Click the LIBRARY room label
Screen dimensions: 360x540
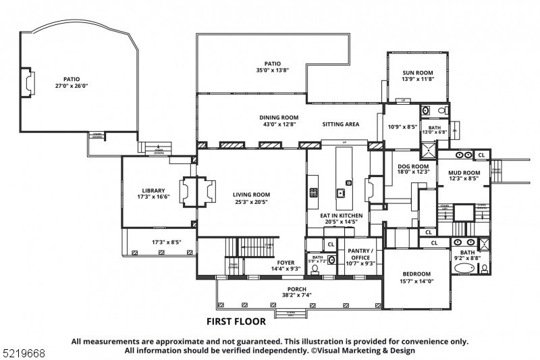154,190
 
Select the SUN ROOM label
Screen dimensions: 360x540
418,73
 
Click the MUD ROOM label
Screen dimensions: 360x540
464,172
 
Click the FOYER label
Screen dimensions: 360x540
286,263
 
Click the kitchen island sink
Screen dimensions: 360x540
342,194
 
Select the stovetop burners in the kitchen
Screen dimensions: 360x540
314,192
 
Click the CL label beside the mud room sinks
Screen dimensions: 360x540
481,155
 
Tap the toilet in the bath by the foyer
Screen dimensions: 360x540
315,269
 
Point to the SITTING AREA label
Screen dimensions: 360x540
340,124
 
